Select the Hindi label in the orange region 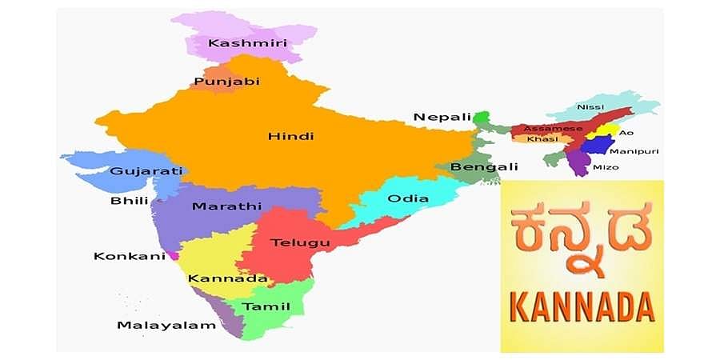click(290, 136)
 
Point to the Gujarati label click(146, 171)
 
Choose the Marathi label click(226, 206)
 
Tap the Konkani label click(129, 256)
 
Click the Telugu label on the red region click(300, 242)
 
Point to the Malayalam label click(166, 325)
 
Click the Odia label click(407, 198)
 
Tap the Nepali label click(442, 118)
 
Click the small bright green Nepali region click(481, 118)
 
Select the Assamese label click(548, 128)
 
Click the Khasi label click(537, 139)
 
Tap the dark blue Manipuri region click(595, 146)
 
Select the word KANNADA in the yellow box click(582, 306)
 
